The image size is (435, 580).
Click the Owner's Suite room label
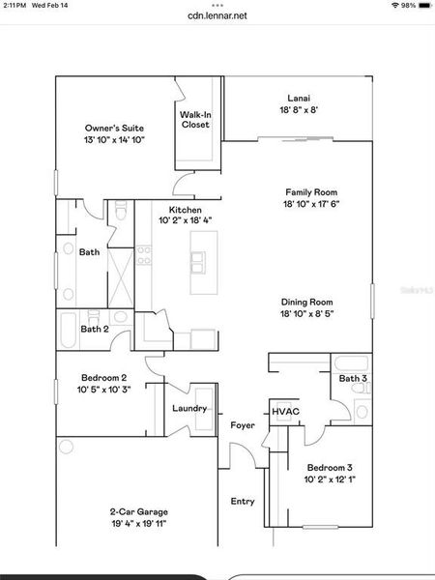tap(113, 128)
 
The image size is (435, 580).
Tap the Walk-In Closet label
tap(195, 119)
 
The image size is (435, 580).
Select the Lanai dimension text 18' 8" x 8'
tap(298, 110)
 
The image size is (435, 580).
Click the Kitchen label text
tap(185, 210)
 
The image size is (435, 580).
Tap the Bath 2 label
tap(94, 329)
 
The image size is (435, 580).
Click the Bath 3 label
tap(353, 378)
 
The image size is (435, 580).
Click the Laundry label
tap(190, 408)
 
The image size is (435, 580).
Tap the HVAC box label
tap(285, 412)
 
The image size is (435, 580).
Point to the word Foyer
tap(242, 424)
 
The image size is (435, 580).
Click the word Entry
tap(242, 501)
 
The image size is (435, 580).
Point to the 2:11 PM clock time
tap(14, 5)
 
